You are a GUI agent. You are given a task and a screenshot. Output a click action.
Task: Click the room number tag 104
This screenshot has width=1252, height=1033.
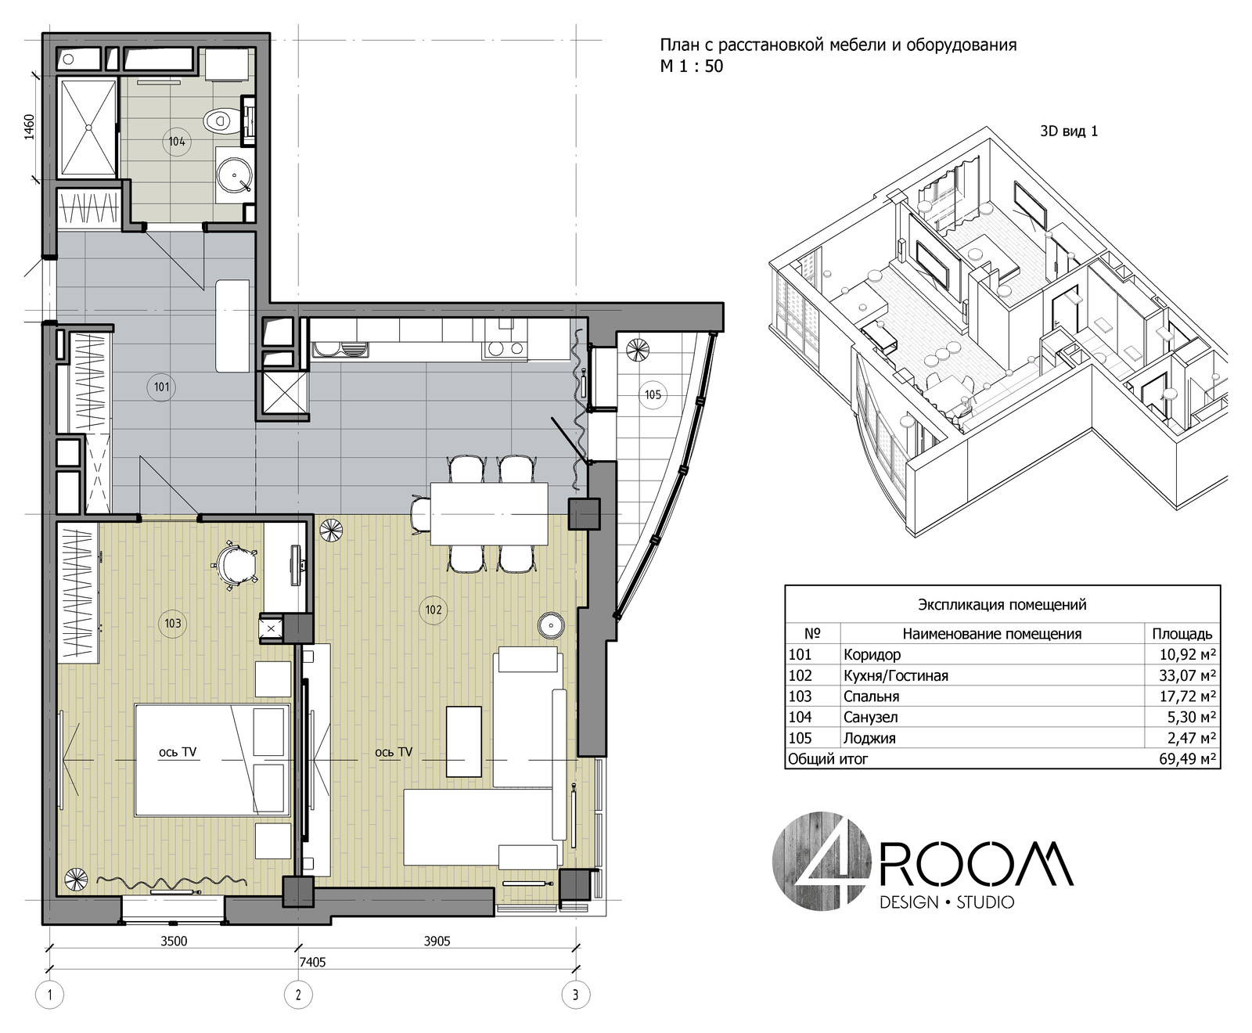click(x=177, y=142)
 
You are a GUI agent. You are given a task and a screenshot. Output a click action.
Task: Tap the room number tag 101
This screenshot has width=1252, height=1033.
click(x=162, y=387)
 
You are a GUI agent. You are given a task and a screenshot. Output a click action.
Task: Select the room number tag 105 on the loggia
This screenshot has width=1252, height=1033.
click(x=653, y=394)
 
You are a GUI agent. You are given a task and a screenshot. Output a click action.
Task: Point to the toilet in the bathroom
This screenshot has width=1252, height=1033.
click(x=221, y=121)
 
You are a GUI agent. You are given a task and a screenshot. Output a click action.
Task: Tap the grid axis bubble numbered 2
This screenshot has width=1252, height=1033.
click(x=298, y=995)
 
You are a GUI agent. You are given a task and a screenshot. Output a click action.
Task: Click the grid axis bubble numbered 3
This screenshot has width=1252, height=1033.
click(x=576, y=995)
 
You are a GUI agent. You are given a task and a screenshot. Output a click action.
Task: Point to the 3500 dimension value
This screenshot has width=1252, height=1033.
click(x=174, y=941)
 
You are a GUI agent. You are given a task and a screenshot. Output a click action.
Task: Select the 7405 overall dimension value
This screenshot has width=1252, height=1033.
click(x=312, y=962)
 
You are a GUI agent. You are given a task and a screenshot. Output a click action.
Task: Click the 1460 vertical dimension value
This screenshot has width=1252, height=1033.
click(x=30, y=127)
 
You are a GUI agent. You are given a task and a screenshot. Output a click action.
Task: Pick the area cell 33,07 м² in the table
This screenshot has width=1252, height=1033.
click(x=1186, y=675)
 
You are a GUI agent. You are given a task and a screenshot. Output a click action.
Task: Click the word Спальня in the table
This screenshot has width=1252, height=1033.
click(x=871, y=696)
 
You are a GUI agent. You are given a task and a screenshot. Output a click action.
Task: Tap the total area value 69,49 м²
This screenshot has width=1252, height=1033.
click(x=1186, y=759)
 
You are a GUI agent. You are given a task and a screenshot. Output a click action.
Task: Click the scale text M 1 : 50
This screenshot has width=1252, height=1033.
click(x=692, y=67)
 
